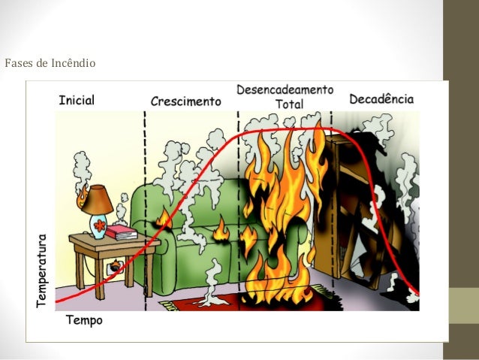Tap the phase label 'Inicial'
pyautogui.click(x=77, y=100)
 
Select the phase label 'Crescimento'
pyautogui.click(x=186, y=101)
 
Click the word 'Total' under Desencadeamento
pyautogui.click(x=290, y=104)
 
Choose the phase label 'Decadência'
pyautogui.click(x=381, y=98)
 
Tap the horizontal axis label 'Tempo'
pyautogui.click(x=85, y=320)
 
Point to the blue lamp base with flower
pyautogui.click(x=98, y=224)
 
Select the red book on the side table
pyautogui.click(x=121, y=232)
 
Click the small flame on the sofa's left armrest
pyautogui.click(x=161, y=218)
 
